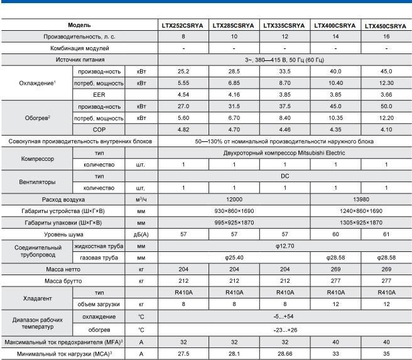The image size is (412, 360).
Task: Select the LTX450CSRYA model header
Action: click(386, 26)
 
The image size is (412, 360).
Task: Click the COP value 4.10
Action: click(386, 130)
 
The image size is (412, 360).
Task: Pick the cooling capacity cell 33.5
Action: click(285, 71)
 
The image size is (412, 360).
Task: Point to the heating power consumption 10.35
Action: click(335, 118)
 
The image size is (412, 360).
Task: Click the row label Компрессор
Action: click(36, 158)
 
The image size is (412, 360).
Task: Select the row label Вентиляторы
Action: click(36, 182)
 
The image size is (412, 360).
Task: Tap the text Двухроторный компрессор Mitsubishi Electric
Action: click(284, 153)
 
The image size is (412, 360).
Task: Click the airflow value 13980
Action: click(360, 199)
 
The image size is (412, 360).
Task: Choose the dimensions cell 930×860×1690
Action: click(234, 210)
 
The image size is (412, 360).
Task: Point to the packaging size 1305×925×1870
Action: click(360, 222)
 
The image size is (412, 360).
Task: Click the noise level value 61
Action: click(386, 234)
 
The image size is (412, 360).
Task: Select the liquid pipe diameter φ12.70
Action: click(284, 246)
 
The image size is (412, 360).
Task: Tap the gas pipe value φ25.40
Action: click(234, 258)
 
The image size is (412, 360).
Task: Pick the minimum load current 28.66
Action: click(285, 354)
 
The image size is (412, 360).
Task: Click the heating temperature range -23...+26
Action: click(284, 329)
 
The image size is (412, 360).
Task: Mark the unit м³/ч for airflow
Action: click(141, 199)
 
